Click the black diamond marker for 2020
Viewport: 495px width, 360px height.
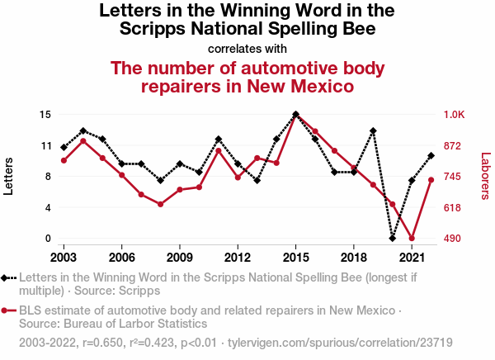point(393,238)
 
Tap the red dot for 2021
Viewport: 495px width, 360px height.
point(412,239)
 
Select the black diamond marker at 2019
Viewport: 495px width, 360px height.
point(373,131)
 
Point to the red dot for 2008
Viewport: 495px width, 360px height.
point(160,204)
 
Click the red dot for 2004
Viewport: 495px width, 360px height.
point(83,141)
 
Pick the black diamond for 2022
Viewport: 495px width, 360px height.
point(431,155)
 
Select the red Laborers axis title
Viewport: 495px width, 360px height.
point(485,176)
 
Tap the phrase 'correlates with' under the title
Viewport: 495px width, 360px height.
point(247,49)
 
